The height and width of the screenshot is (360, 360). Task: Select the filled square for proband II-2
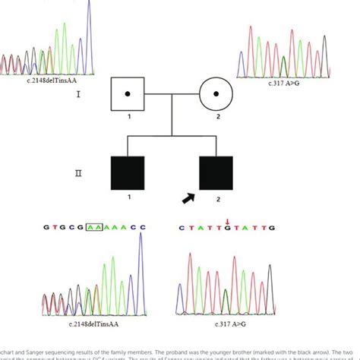click(216, 175)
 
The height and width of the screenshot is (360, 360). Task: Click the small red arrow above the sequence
click(226, 221)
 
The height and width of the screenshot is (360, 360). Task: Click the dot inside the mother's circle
click(217, 96)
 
